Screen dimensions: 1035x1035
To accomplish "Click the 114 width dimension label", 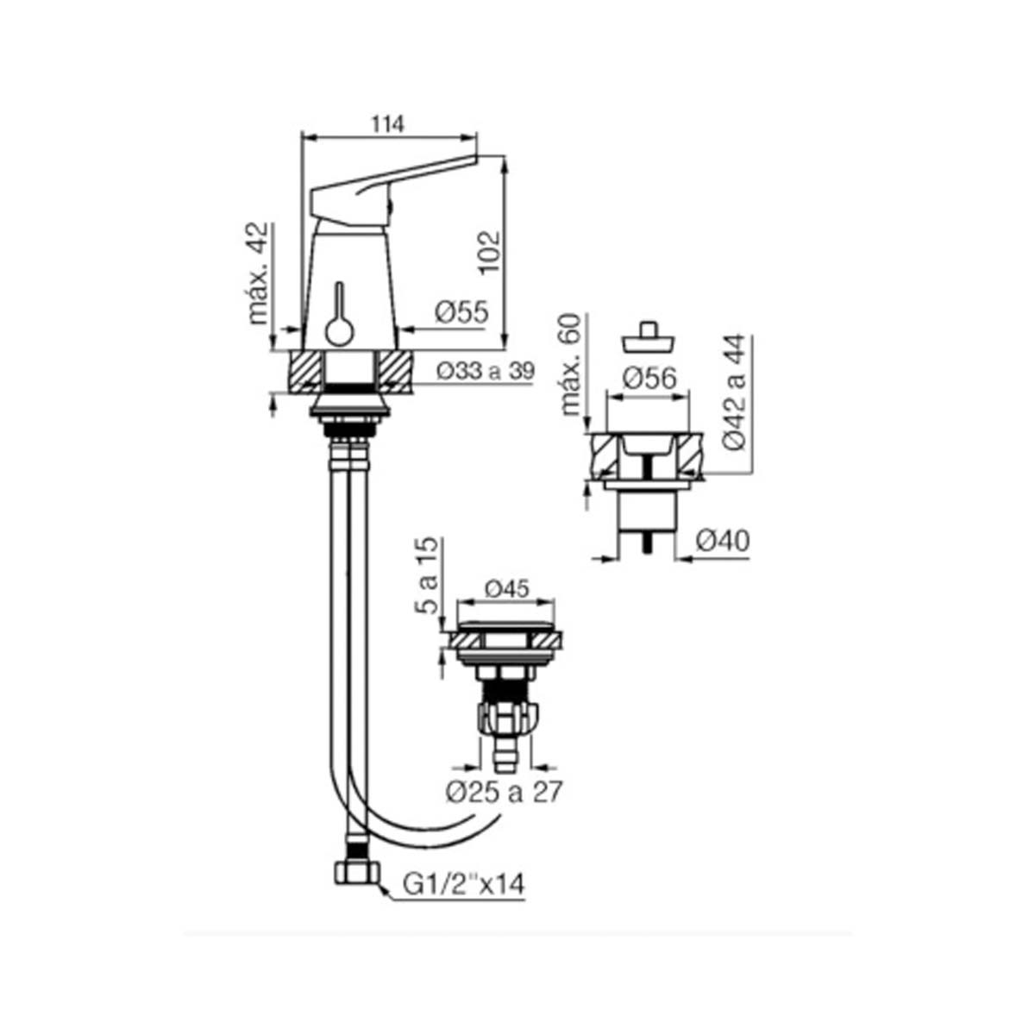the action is pos(387,124).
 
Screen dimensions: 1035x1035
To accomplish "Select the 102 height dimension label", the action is pos(490,253).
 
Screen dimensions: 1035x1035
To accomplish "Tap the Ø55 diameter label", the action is pos(462,312).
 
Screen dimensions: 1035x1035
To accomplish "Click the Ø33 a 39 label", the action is pos(486,371).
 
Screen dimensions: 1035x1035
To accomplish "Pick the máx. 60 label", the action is pos(572,364).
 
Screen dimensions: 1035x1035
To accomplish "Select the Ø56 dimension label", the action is pos(649,379).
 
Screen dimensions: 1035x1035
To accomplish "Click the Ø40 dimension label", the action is pos(723,541).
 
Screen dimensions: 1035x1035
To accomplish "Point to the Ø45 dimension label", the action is pos(507,589).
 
